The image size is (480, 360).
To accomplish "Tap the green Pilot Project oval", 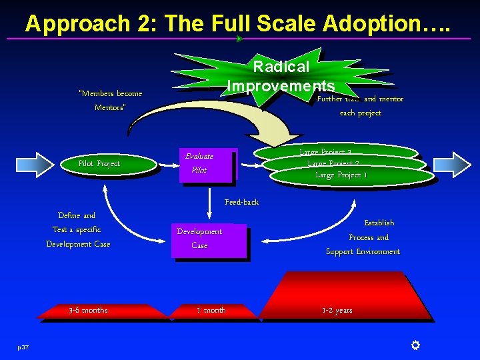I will click(x=99, y=164).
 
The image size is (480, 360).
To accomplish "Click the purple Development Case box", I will click(x=209, y=239).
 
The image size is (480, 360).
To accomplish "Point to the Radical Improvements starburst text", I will click(x=281, y=76).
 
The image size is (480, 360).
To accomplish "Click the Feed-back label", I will click(x=241, y=202).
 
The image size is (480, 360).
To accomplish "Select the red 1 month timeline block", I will click(x=211, y=311).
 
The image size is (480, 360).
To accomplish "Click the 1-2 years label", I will click(x=337, y=311).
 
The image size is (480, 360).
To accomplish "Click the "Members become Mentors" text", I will click(x=110, y=100).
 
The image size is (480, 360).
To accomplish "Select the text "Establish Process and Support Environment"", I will click(x=363, y=237).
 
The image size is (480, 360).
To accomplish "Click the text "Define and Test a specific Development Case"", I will click(x=78, y=230).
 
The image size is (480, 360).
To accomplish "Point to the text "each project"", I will click(x=361, y=113).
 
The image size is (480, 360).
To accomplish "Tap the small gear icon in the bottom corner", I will click(x=415, y=345).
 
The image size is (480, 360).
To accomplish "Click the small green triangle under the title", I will click(x=239, y=39).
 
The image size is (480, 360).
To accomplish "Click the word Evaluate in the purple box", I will click(x=199, y=156).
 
